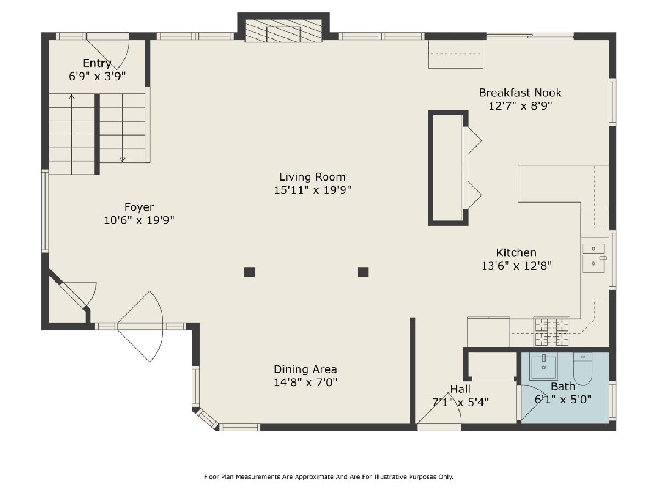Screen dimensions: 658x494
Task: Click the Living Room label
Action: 313,177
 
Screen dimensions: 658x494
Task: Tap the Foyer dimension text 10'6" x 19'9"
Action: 139,221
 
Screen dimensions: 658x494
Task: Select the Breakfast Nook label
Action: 520,92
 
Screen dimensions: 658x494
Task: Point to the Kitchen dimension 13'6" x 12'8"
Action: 516,266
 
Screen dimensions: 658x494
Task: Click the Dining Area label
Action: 305,369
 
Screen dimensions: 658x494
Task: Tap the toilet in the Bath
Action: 582,369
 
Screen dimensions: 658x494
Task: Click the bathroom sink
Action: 543,366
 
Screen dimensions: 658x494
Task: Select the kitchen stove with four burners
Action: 552,332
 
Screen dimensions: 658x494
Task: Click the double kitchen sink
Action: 594,258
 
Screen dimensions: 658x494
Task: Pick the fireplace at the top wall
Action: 283,31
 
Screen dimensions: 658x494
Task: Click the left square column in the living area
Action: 249,272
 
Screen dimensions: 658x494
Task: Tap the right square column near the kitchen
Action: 363,272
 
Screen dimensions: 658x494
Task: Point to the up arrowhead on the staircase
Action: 71,96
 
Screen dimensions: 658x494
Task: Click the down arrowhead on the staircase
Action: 122,160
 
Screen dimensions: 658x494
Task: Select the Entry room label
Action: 97,63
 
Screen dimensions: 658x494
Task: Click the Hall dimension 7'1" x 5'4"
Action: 461,402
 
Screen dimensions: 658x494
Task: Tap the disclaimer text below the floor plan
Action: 328,477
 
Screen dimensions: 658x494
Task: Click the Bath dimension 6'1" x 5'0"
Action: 563,400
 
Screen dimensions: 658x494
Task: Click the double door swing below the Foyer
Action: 140,327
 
